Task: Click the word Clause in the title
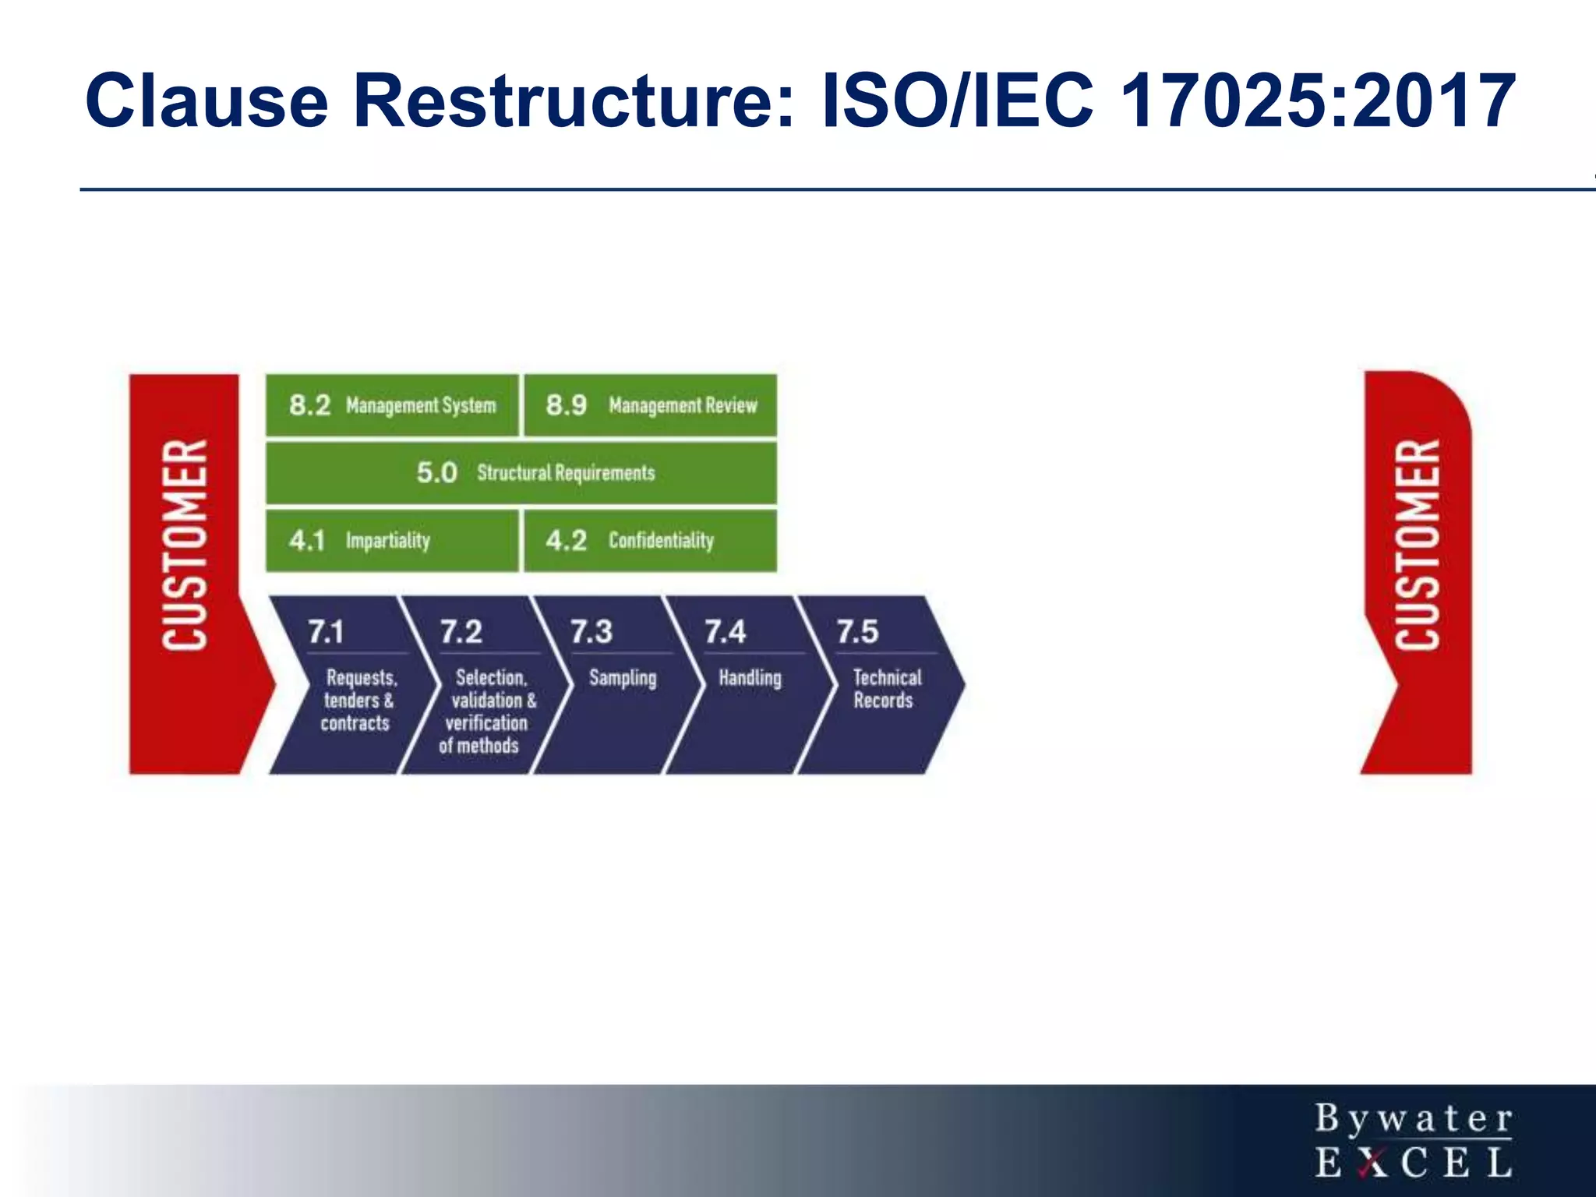pyautogui.click(x=207, y=101)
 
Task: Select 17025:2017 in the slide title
pyautogui.click(x=1317, y=101)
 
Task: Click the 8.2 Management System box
pyautogui.click(x=392, y=405)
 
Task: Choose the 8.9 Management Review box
pyautogui.click(x=651, y=405)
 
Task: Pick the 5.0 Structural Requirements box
pyautogui.click(x=521, y=473)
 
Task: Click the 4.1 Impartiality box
pyautogui.click(x=392, y=540)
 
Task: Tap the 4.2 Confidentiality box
pyautogui.click(x=651, y=540)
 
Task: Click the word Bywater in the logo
pyautogui.click(x=1414, y=1119)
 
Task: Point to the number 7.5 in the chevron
pyautogui.click(x=857, y=631)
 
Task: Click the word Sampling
pyautogui.click(x=623, y=678)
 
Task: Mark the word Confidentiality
pyautogui.click(x=661, y=541)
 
